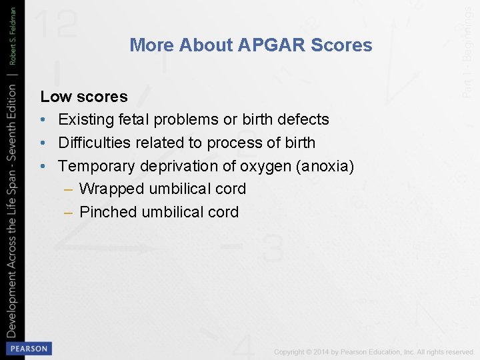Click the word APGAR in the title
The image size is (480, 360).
tap(272, 45)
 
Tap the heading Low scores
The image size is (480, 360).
tap(83, 97)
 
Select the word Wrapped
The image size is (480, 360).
tap(111, 189)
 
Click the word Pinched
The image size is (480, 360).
tap(109, 212)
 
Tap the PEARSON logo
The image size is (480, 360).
tap(28, 348)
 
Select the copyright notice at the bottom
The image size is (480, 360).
tap(373, 351)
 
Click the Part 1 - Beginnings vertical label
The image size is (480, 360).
tap(468, 51)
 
